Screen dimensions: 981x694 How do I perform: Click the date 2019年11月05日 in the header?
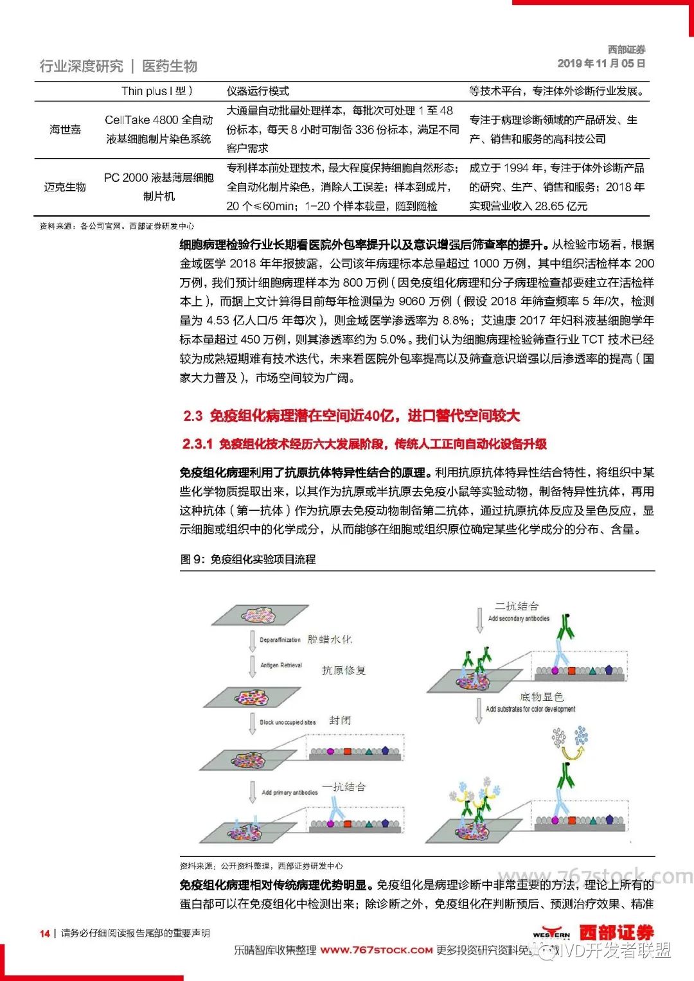[x=601, y=64]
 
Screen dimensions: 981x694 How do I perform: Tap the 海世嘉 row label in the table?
[x=66, y=130]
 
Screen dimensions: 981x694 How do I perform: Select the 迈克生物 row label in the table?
[x=65, y=187]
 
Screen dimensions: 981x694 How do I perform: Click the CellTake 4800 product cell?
[x=159, y=129]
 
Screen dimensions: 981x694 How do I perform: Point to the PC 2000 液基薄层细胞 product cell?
[x=159, y=187]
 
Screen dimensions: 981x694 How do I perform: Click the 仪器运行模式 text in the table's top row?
[x=258, y=91]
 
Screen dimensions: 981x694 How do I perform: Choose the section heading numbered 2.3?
[x=351, y=416]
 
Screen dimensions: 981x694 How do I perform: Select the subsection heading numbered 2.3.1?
[x=364, y=444]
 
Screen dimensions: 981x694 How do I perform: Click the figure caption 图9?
[x=248, y=560]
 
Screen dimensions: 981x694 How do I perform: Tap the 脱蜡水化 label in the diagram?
[x=330, y=639]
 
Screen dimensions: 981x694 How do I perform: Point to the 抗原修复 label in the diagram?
[x=344, y=671]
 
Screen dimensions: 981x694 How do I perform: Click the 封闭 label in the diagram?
[x=340, y=721]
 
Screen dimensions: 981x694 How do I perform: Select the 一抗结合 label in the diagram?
[x=344, y=787]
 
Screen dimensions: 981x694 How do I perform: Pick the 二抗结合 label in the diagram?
[x=517, y=606]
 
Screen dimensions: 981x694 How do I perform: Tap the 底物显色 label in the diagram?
[x=541, y=697]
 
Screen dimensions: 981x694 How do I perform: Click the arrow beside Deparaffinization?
[x=253, y=641]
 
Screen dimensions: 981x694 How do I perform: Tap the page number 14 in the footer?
[x=45, y=933]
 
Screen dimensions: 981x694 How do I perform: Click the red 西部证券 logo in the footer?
[x=616, y=932]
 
